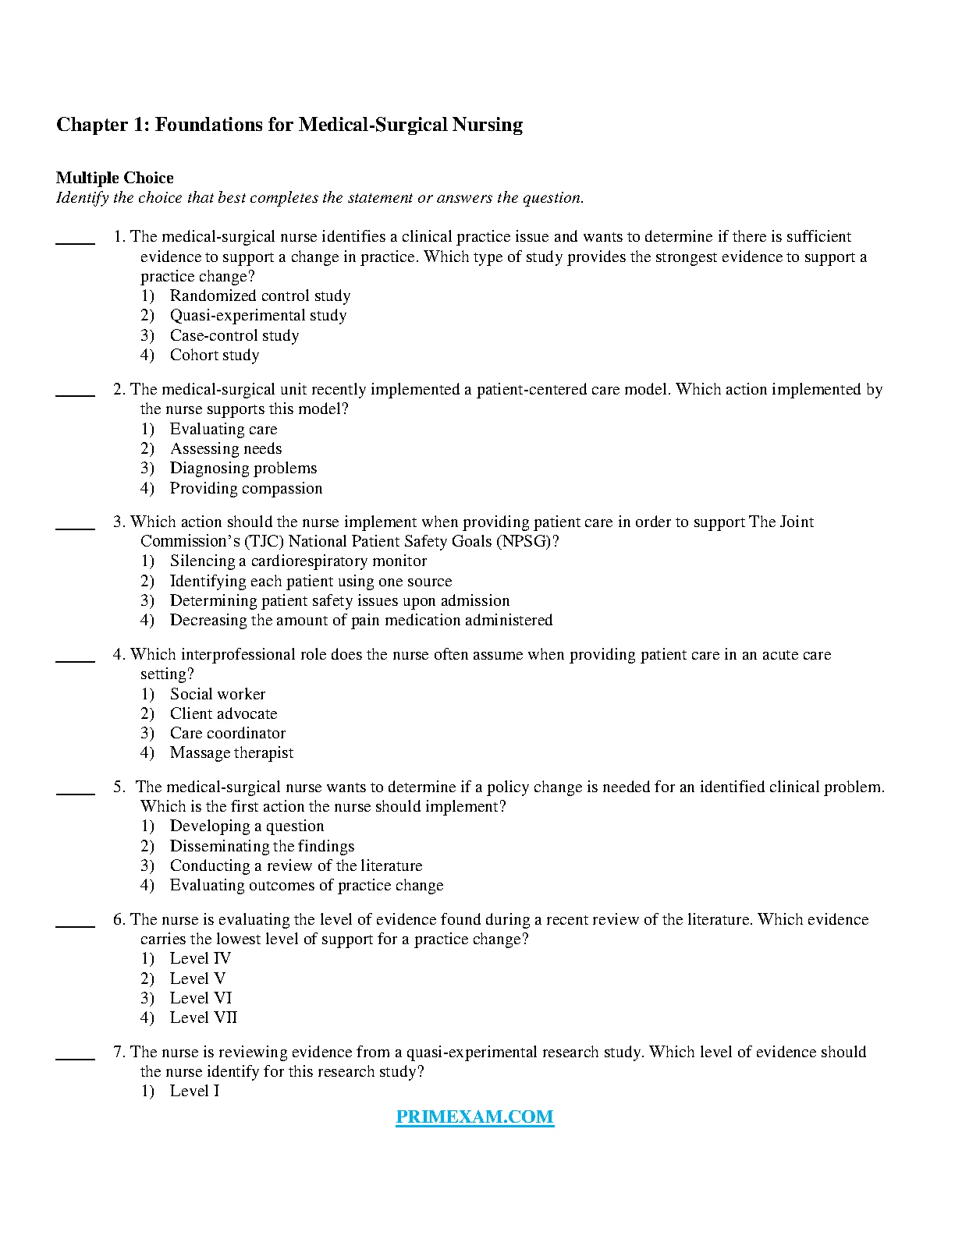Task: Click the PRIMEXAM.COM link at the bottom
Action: pos(474,1116)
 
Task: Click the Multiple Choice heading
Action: pos(115,178)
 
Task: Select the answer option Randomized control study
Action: pos(260,296)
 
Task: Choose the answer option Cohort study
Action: pos(215,356)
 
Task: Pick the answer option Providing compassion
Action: pos(246,489)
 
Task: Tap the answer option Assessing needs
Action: pos(225,449)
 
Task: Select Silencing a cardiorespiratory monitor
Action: pos(298,561)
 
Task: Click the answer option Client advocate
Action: pos(223,714)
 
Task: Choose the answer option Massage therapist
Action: pos(232,753)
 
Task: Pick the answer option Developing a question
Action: pos(247,826)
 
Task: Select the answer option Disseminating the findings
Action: pos(261,847)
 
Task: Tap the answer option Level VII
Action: pos(203,1018)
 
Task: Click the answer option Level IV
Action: pos(201,959)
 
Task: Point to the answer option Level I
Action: pos(194,1092)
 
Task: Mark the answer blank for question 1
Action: pos(75,242)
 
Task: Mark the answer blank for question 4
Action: pos(75,660)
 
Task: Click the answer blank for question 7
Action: pos(75,1057)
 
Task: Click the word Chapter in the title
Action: pos(92,125)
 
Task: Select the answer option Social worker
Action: pos(218,695)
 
